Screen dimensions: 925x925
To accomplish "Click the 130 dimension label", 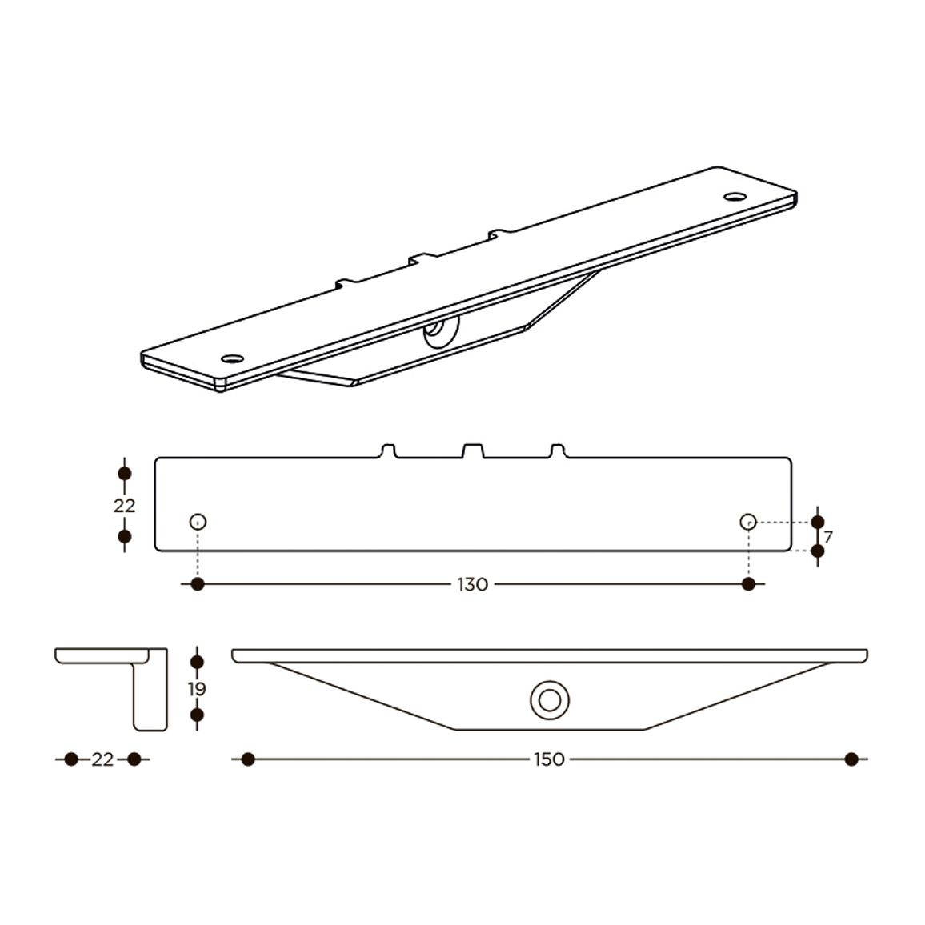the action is point(473,585).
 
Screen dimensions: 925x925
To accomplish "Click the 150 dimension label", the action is point(549,759).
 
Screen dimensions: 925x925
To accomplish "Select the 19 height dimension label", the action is point(197,688).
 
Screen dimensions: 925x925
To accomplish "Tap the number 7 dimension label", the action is point(828,537).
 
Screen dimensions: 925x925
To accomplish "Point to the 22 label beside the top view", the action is point(125,506).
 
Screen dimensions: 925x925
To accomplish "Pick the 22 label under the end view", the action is point(102,759).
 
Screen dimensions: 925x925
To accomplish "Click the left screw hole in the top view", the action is point(198,522).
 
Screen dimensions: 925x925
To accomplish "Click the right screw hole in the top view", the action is point(748,522).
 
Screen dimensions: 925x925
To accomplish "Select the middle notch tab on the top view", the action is point(473,450).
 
